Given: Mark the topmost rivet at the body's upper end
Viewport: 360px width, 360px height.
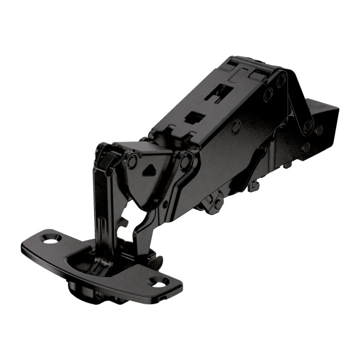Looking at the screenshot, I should [x=281, y=79].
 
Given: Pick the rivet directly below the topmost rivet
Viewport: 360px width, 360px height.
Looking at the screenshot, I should [x=268, y=94].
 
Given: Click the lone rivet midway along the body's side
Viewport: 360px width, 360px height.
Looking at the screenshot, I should [x=236, y=126].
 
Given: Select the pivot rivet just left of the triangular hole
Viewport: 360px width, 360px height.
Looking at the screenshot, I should [x=131, y=161].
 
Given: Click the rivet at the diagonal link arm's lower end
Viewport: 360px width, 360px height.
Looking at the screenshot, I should [x=308, y=127].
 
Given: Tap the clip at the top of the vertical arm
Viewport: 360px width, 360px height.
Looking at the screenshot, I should [x=108, y=157].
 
